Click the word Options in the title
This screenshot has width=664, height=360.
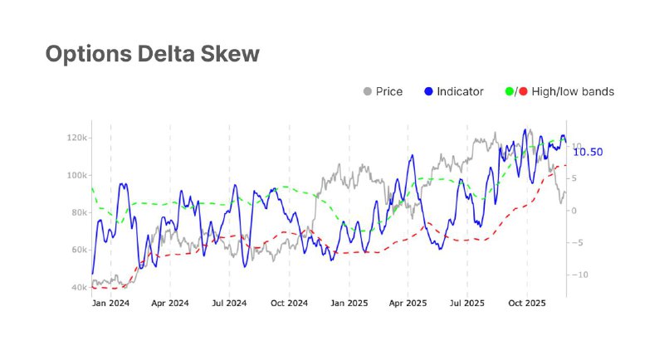[x=89, y=54]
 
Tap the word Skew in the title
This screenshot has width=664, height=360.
[x=230, y=53]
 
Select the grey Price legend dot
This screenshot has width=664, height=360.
[x=368, y=91]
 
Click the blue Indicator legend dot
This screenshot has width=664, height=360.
[x=428, y=91]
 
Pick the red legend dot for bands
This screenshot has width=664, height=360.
[x=524, y=91]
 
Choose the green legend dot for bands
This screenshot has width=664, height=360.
[x=510, y=91]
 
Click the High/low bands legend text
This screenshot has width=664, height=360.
[x=573, y=92]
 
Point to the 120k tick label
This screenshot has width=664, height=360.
[x=76, y=138]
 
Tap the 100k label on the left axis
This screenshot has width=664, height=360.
[x=76, y=175]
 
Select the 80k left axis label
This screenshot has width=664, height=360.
[x=79, y=212]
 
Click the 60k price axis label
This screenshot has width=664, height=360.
[x=79, y=250]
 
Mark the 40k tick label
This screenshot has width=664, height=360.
[x=79, y=287]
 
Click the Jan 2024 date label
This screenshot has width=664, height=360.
[x=110, y=304]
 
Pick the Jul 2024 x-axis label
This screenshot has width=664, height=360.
[x=229, y=304]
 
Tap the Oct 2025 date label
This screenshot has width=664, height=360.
[x=527, y=304]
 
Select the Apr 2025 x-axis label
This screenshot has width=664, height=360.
[x=408, y=304]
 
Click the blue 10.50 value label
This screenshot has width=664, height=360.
[x=588, y=152]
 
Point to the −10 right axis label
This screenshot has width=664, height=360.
[x=579, y=275]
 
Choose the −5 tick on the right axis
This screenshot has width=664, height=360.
[x=576, y=243]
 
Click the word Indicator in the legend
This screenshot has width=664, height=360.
[x=461, y=92]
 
